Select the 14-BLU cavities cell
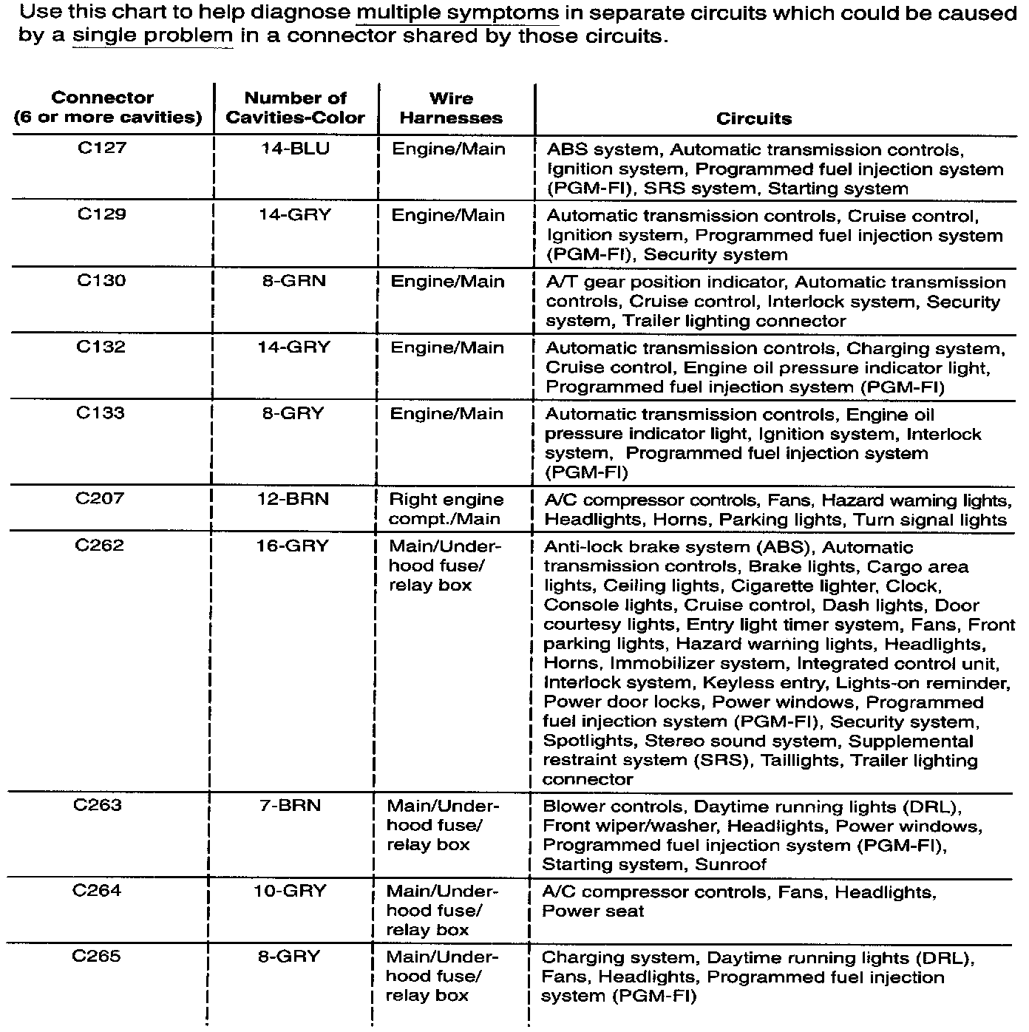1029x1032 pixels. (295, 149)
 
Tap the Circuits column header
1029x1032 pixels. (753, 118)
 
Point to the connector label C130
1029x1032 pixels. (101, 281)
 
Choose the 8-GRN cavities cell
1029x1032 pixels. (293, 281)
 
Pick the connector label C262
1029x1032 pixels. (100, 546)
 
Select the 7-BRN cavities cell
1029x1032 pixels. (291, 805)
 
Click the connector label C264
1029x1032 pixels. (97, 890)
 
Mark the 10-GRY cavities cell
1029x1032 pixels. (290, 891)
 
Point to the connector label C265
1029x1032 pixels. (97, 957)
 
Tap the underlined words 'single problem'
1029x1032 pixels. (152, 36)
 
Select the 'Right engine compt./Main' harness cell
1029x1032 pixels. (446, 509)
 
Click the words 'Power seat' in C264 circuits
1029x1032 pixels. (592, 911)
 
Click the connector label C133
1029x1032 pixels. (101, 413)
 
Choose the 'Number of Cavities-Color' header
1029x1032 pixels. (295, 108)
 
